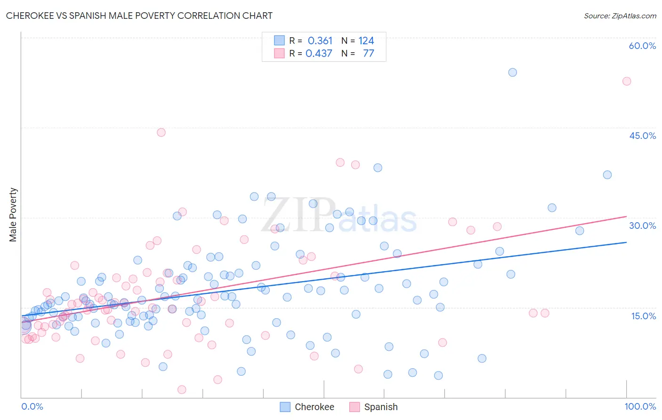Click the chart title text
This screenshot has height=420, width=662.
pos(139,16)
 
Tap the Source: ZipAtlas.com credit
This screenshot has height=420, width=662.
pos(620,16)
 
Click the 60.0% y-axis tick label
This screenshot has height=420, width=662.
pos(642,46)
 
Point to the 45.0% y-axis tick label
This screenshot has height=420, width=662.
pos(642,136)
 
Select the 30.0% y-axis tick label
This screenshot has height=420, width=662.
pos(642,226)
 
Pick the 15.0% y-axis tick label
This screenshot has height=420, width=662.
pos(643,316)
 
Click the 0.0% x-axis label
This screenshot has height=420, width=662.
pos(32,406)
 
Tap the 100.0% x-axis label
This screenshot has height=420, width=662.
pos(640,406)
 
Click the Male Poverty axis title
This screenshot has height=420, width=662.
pos(13,215)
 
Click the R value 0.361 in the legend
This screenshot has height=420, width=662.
pos(320,41)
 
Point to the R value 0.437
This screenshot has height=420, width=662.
pos(319,54)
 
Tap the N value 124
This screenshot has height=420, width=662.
pos(366,41)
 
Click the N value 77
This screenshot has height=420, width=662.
pos(368,54)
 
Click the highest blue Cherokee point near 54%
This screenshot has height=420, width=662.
pos(512,73)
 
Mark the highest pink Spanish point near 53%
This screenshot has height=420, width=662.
pos(626,81)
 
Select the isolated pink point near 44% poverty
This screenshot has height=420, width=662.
pos(161,132)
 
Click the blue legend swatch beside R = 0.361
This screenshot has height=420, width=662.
pos(279,41)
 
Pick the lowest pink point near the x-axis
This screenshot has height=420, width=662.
pos(182,389)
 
